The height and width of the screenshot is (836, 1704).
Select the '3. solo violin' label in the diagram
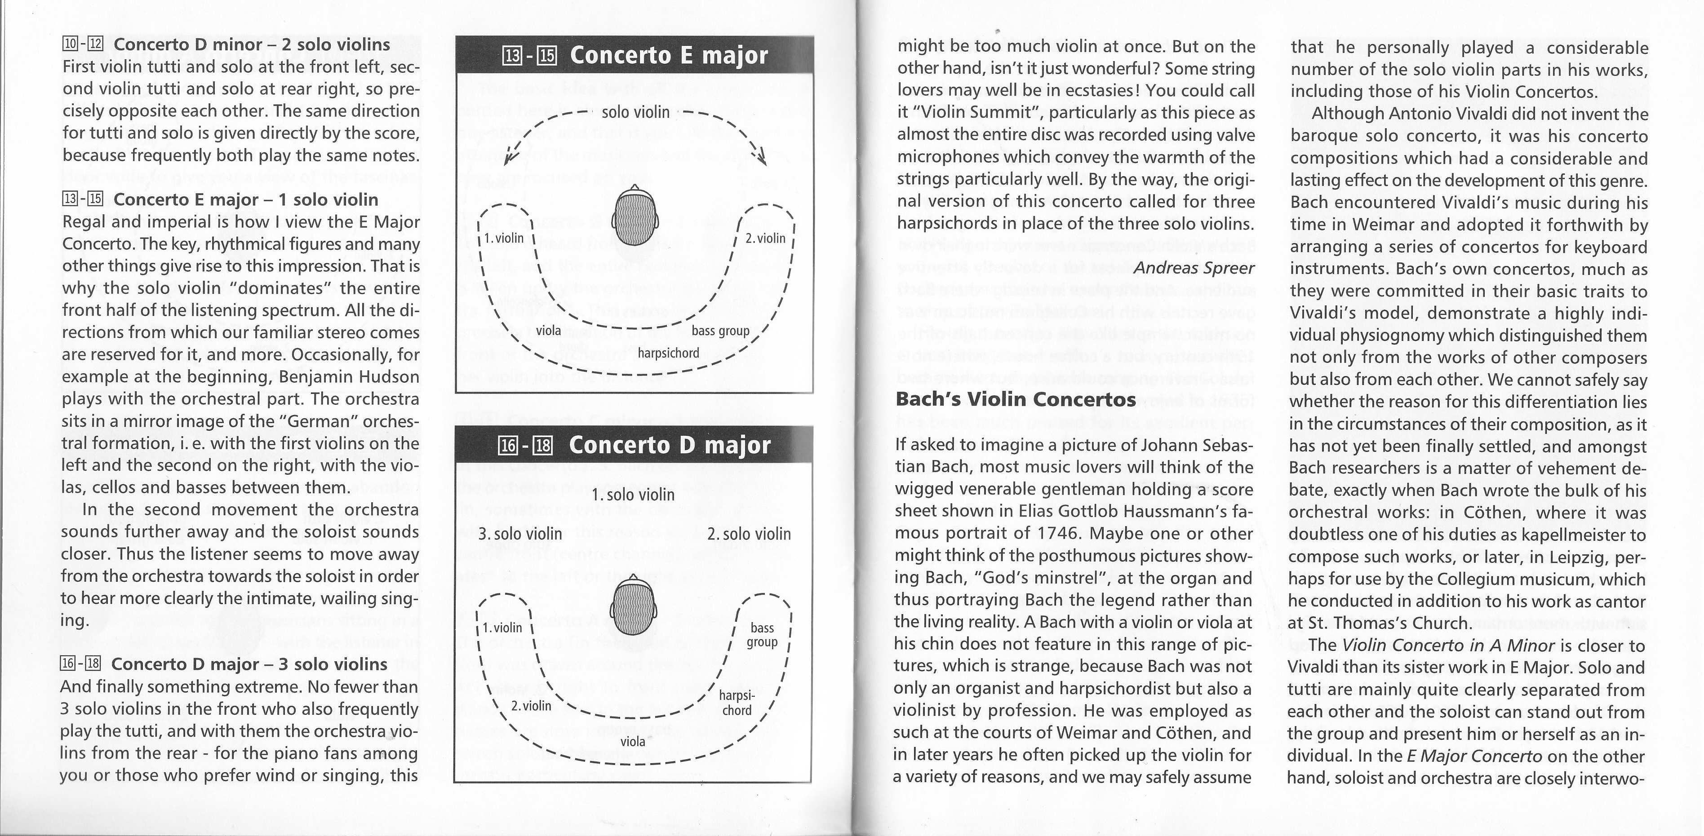[520, 534]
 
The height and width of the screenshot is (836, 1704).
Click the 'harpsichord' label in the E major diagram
[668, 353]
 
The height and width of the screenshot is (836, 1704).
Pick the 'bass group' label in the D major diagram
[762, 635]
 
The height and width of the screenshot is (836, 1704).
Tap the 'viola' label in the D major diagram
[633, 741]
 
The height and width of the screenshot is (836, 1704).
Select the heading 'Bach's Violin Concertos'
[1016, 399]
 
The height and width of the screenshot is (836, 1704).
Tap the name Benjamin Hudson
[350, 377]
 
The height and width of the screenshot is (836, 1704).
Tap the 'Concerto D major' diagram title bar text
[670, 445]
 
